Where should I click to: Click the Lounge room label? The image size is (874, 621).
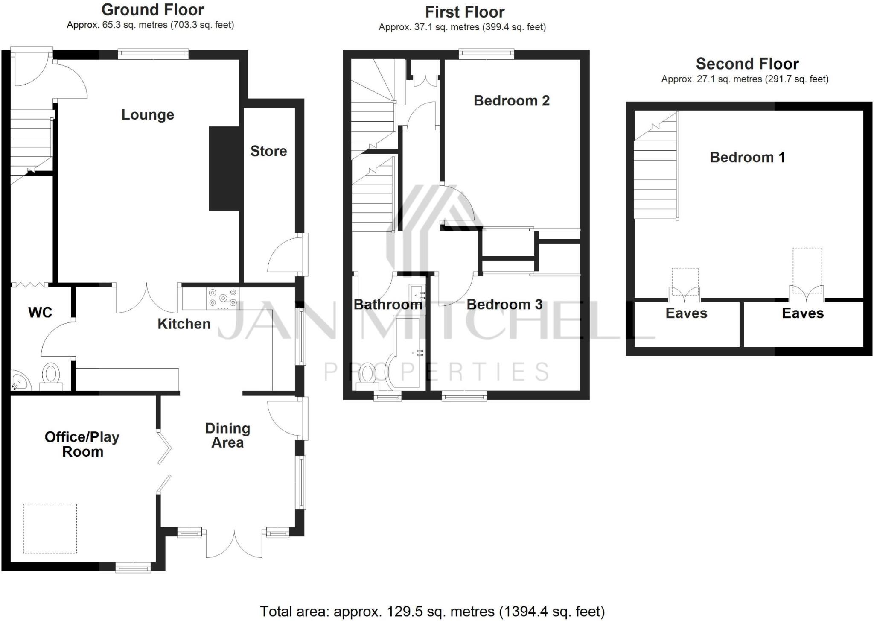tap(148, 114)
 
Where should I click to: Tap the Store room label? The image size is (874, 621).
tap(268, 151)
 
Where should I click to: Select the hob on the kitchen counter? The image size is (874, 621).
tap(222, 298)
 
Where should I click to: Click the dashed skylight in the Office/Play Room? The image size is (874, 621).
tap(50, 528)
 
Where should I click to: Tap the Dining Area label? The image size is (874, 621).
tap(227, 435)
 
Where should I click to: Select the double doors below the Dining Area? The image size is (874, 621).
tap(234, 545)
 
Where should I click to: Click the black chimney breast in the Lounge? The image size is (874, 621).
tap(224, 169)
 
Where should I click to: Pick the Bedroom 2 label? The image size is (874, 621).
tap(511, 101)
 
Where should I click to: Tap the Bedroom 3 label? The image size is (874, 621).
tap(504, 305)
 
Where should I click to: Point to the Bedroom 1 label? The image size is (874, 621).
tap(747, 157)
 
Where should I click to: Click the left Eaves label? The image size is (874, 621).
tap(686, 313)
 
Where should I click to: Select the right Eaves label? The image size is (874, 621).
tap(802, 313)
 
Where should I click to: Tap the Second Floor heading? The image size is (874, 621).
tap(747, 64)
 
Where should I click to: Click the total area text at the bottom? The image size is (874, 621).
tap(432, 611)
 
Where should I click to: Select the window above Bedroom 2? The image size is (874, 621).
tap(487, 53)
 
